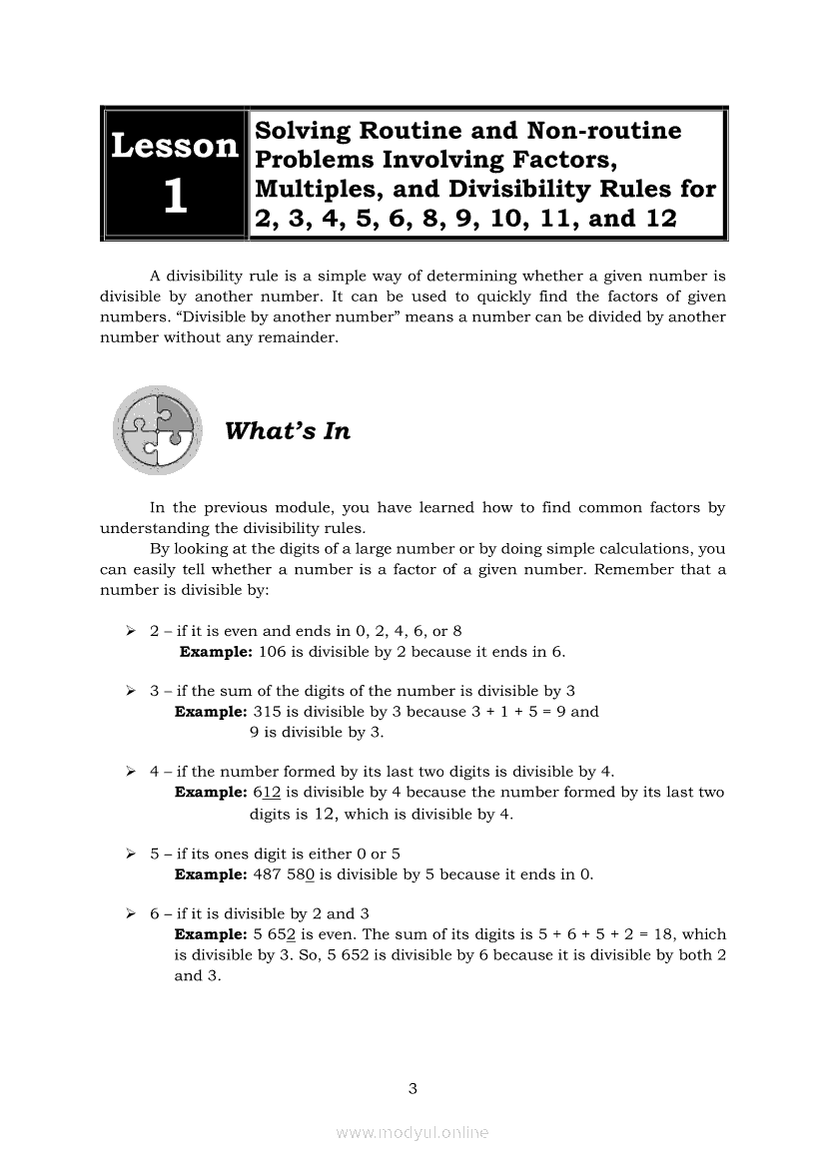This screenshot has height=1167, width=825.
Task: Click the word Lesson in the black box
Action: [x=175, y=146]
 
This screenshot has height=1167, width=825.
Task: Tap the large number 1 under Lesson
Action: [x=175, y=197]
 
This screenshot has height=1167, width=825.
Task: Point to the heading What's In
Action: [x=288, y=431]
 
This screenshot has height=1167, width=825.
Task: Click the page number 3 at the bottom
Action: [x=412, y=1088]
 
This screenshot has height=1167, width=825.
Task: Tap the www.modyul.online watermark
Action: [x=412, y=1132]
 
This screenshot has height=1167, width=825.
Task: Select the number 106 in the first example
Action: [x=273, y=652]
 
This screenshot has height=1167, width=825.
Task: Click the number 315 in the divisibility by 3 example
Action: [x=268, y=712]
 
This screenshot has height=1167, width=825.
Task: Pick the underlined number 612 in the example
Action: [x=268, y=793]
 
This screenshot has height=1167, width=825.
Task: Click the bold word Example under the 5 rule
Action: [x=210, y=875]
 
